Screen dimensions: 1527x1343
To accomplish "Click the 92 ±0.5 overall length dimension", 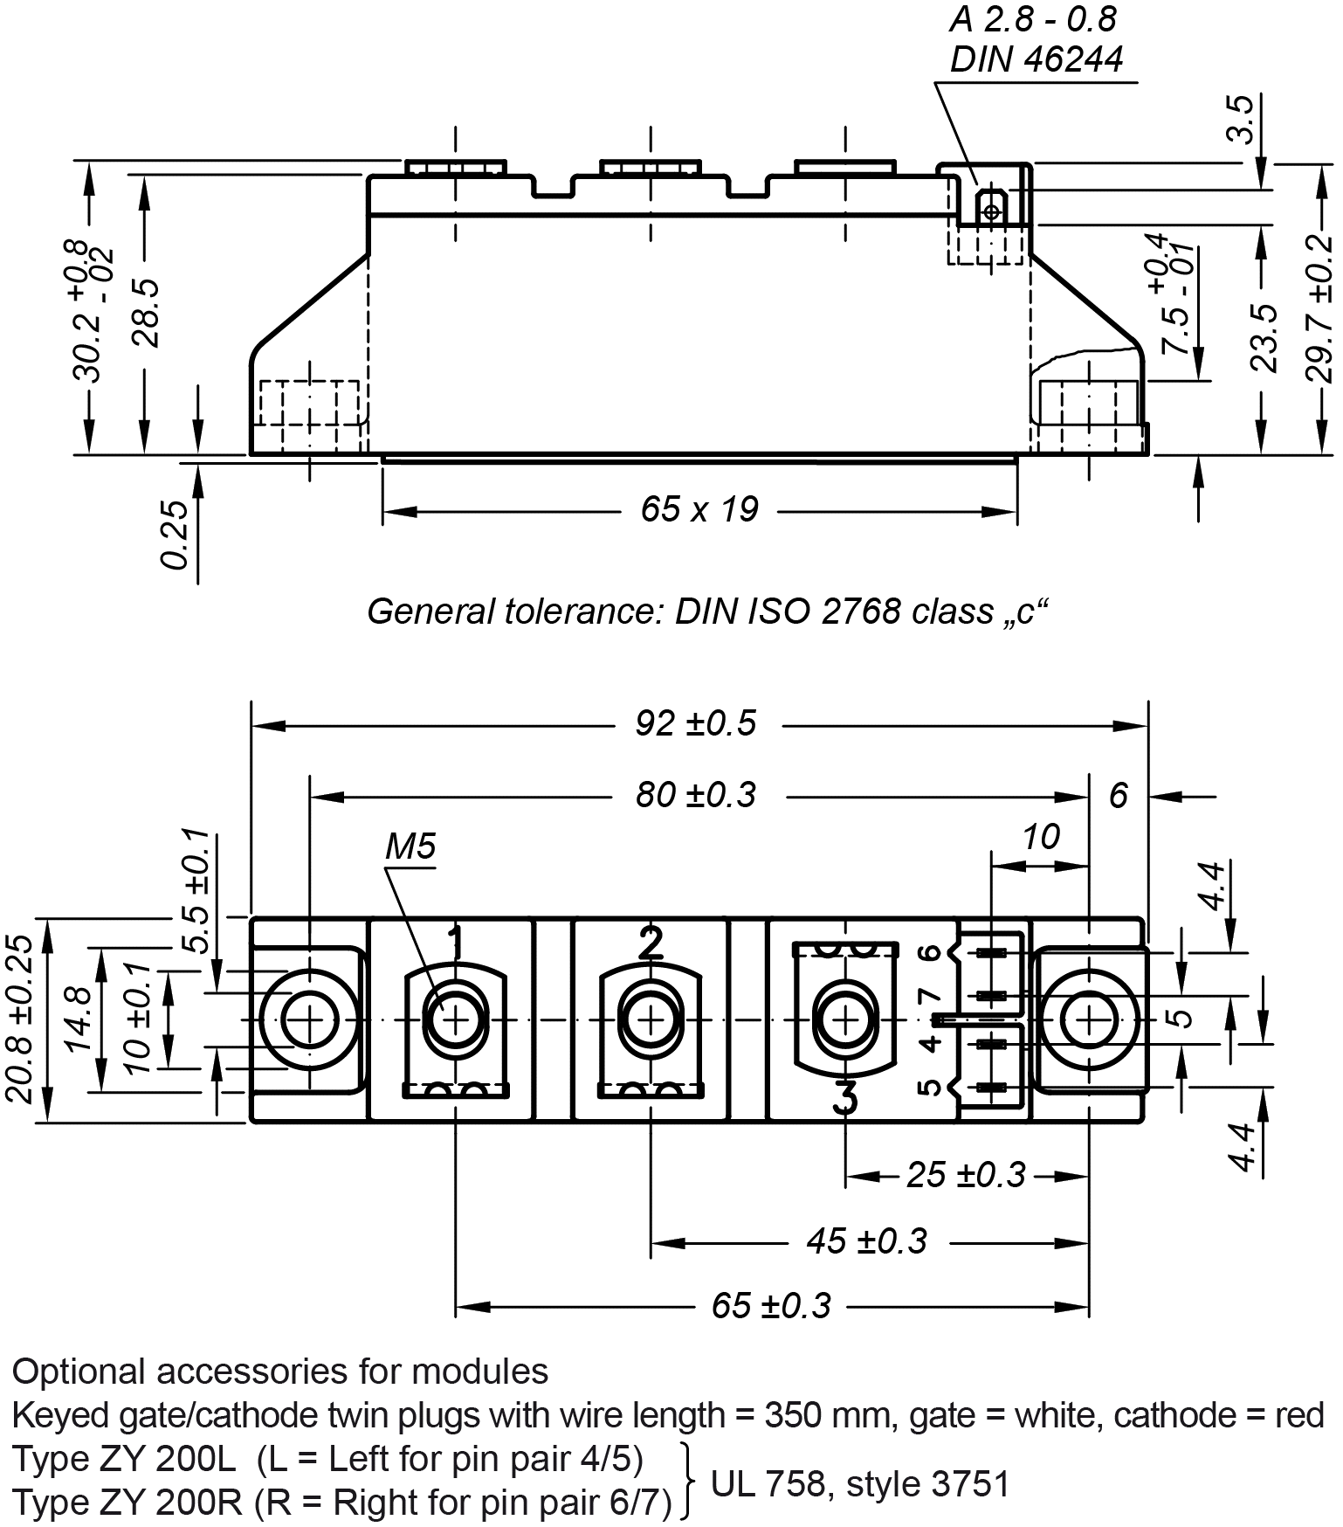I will click(695, 724).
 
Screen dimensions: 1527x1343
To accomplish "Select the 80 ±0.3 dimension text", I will click(695, 796).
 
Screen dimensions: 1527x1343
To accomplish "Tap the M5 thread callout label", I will click(410, 846).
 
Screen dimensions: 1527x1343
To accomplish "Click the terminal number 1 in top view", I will click(455, 942).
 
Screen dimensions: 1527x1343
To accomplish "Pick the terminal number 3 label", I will click(844, 1097).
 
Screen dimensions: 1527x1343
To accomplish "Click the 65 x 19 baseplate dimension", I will click(699, 509).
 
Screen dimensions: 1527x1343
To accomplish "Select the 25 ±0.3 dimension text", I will click(965, 1175).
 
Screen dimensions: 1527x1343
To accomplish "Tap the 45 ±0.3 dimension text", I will click(866, 1241).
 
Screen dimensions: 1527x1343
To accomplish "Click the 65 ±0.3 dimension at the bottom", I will click(770, 1306).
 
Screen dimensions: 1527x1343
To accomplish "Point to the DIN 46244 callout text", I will click(1036, 59).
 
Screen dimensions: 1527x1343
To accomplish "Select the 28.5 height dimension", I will click(148, 313).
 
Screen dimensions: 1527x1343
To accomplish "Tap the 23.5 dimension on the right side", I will click(1264, 337).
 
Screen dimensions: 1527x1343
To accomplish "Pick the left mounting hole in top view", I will click(309, 1019).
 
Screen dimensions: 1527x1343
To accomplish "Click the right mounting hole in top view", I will click(1089, 1019).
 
